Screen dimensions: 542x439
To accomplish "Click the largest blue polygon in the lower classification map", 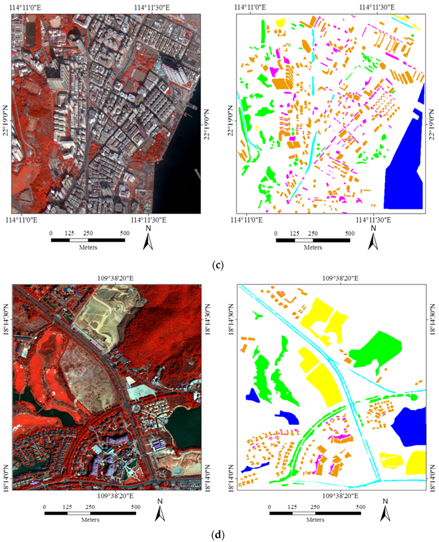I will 409,427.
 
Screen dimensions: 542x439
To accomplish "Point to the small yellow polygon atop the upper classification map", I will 280,22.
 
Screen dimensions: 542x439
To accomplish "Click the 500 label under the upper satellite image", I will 125,233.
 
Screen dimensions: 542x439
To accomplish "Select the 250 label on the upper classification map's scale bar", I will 313,233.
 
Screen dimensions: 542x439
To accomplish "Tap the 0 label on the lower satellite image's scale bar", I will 45,506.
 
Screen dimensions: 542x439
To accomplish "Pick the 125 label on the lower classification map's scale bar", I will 292,506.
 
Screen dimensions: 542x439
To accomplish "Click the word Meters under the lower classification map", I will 315,520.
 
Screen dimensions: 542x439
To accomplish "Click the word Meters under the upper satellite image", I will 88,247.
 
